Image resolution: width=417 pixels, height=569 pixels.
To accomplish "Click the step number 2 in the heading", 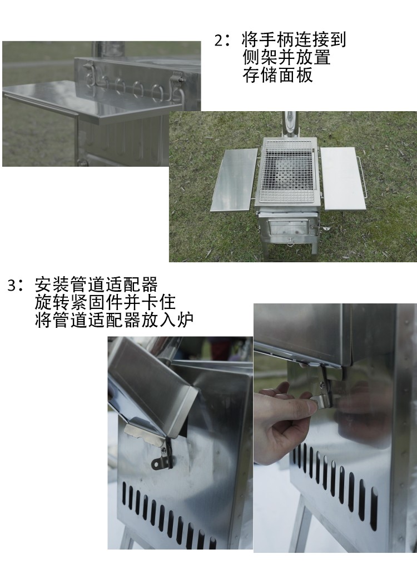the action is (219, 41).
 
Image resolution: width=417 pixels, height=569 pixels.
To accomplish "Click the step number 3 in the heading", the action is (12, 285).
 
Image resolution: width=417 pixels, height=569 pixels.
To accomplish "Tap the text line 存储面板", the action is (278, 75).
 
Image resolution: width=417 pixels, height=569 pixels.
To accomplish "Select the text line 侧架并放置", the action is (286, 57).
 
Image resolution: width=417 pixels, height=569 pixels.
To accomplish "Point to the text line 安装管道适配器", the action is (96, 285).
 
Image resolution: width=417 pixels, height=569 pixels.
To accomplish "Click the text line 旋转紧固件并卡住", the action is (105, 302).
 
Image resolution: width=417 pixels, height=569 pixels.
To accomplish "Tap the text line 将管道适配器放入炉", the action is (114, 320).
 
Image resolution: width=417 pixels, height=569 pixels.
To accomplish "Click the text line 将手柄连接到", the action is (294, 40).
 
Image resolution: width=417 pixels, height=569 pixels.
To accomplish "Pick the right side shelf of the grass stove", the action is (343, 178).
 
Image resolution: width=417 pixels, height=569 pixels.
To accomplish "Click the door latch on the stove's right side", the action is (324, 227).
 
